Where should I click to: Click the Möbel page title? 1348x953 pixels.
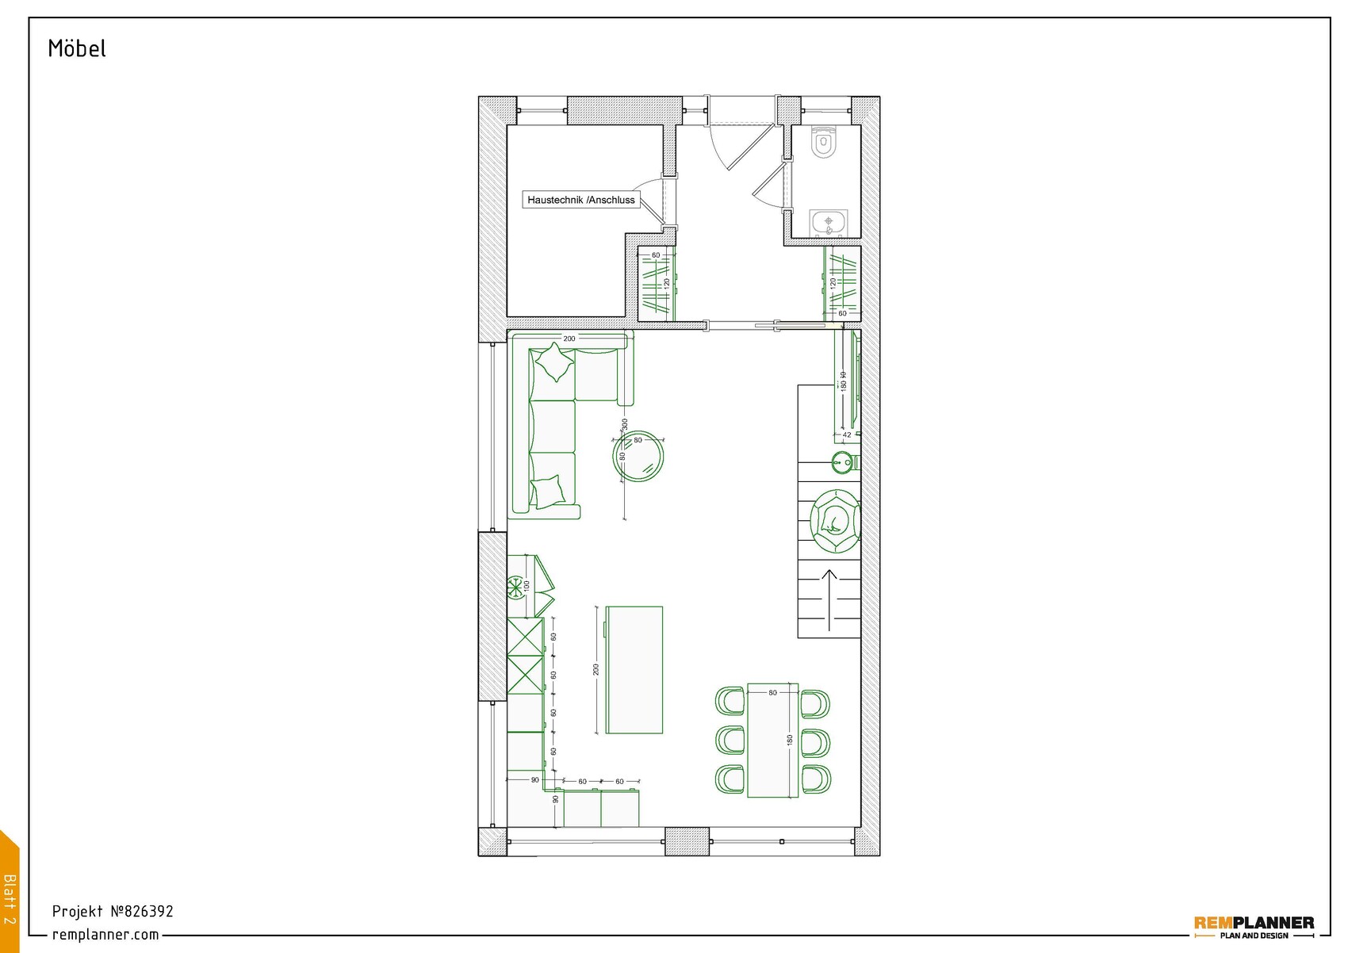point(77,48)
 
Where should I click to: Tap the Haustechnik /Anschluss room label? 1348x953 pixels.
point(581,200)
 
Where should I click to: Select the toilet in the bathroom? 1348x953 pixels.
point(825,144)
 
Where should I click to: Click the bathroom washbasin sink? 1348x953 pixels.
point(829,223)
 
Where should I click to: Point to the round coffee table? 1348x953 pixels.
point(638,456)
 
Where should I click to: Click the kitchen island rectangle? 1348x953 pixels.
point(634,670)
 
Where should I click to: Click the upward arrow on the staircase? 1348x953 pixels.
point(829,599)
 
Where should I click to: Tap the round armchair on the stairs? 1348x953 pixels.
point(835,521)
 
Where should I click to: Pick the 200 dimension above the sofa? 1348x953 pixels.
point(569,339)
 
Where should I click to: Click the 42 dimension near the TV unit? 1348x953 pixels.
point(847,434)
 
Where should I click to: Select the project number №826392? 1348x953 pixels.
point(113,911)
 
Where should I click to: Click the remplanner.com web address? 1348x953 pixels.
point(105,935)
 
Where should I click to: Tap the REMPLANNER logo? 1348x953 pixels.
point(1254,924)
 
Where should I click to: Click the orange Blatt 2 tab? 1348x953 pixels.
point(10,896)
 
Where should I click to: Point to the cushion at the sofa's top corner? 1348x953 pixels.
point(554,362)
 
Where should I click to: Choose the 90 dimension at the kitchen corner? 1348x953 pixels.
point(535,780)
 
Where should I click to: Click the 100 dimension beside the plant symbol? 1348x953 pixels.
point(527,586)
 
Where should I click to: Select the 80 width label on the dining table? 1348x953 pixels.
point(772,692)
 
